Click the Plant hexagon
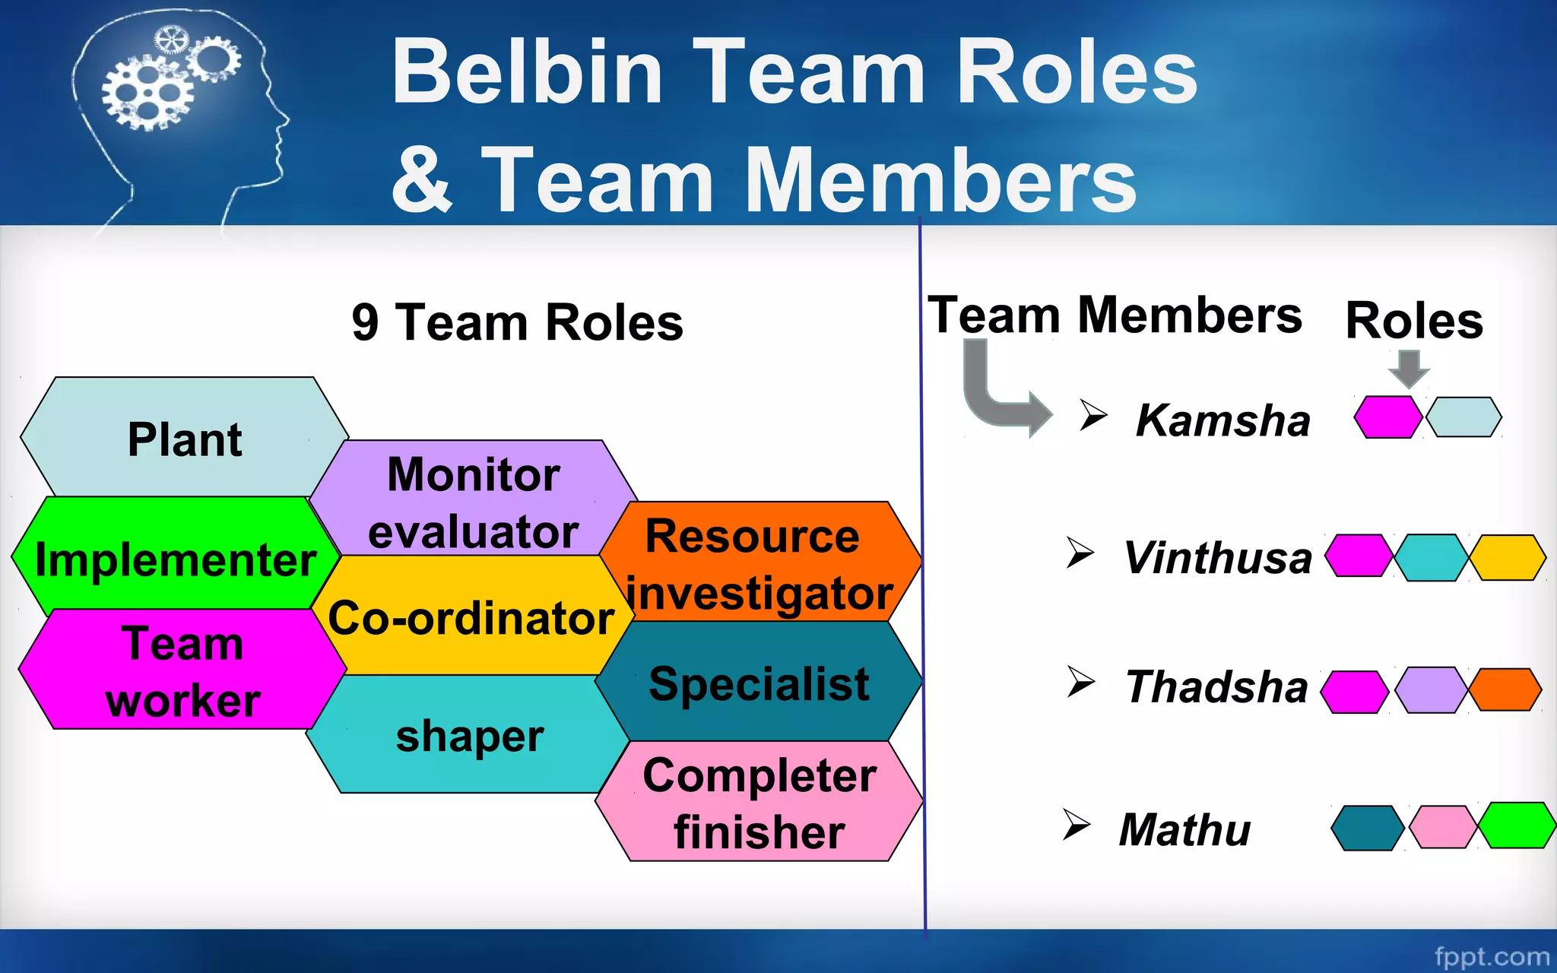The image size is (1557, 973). tap(184, 439)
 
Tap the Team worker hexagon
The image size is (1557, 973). tap(182, 670)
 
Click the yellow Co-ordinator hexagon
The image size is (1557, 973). tap(471, 617)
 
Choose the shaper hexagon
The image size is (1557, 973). tap(469, 736)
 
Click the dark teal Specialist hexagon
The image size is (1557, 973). tap(759, 682)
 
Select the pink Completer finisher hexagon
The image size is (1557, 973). tap(759, 802)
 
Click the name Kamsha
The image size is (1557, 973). tap(1222, 420)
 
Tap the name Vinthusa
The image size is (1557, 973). tap(1217, 557)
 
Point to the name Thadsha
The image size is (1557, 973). tap(1216, 686)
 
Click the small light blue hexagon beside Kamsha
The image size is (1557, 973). tap(1463, 417)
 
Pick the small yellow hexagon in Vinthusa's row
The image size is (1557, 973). tap(1508, 557)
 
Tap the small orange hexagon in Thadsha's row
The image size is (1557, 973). tap(1505, 689)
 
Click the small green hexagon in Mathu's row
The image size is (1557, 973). tap(1517, 825)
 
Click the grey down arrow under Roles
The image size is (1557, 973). tap(1409, 369)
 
